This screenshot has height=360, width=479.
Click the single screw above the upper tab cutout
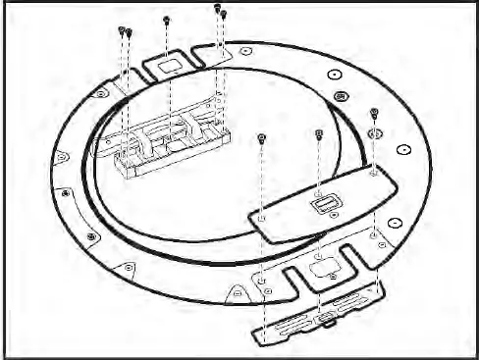click(168, 19)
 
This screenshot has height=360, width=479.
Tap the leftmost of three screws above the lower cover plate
click(260, 137)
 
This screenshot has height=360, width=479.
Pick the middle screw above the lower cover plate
click(320, 133)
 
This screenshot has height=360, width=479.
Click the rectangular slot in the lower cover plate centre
click(324, 204)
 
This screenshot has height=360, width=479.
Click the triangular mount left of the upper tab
click(102, 92)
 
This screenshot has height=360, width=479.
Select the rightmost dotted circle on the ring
click(403, 150)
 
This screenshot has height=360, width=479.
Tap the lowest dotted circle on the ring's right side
click(396, 222)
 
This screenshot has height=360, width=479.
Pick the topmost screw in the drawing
click(216, 8)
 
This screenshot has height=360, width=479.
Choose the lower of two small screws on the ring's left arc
click(91, 236)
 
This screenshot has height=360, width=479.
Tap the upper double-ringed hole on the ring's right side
click(341, 96)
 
